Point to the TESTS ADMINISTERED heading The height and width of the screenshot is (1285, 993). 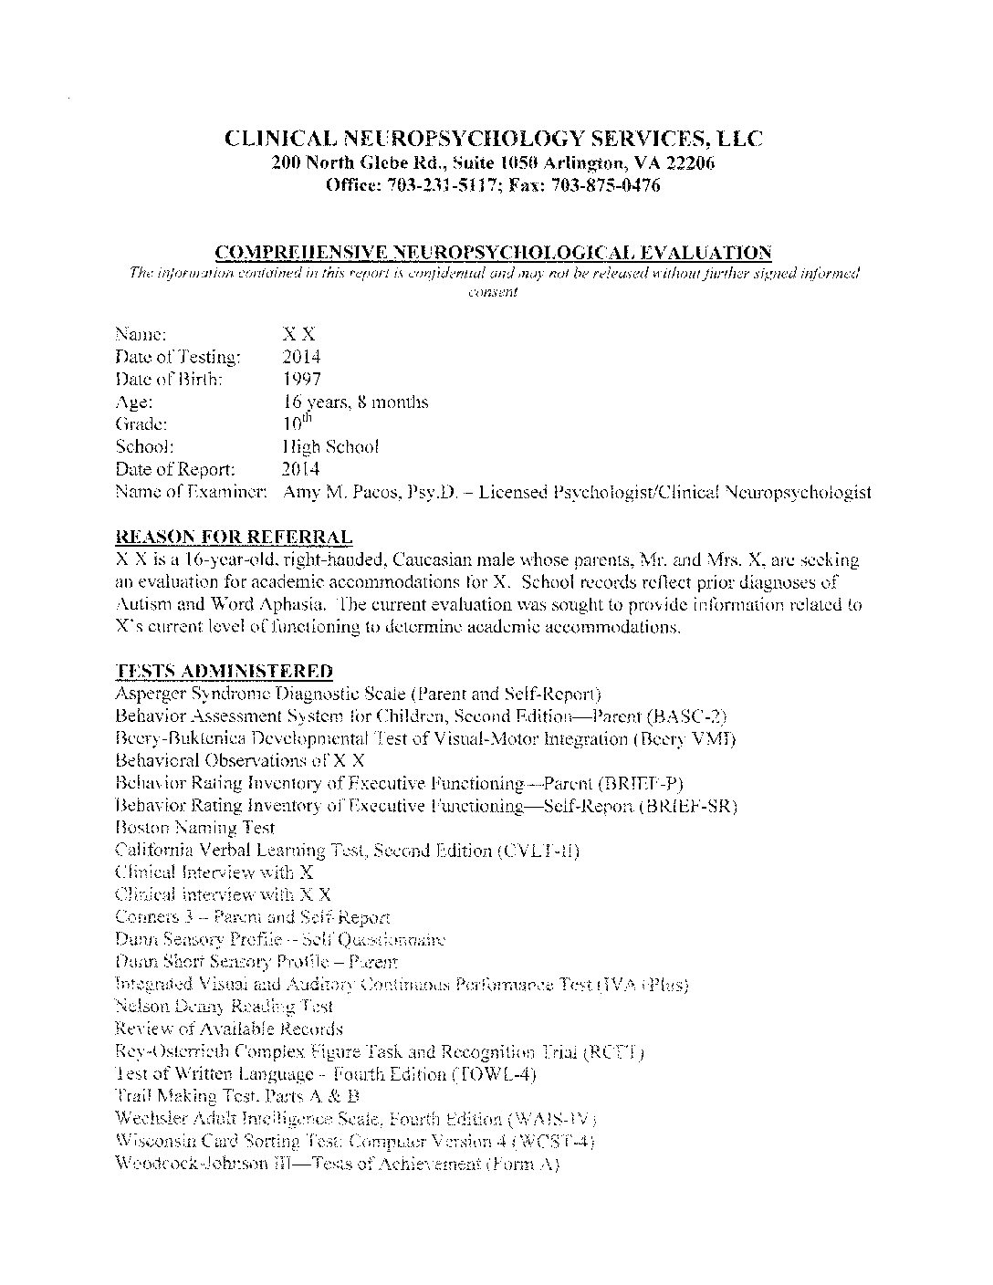point(224,672)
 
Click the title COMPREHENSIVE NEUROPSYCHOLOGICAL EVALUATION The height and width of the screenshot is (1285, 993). point(493,252)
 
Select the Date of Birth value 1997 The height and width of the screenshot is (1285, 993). point(302,379)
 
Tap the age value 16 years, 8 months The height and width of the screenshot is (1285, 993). point(355,402)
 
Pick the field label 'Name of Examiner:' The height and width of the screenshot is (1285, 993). point(191,493)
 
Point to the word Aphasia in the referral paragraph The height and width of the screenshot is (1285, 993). point(294,604)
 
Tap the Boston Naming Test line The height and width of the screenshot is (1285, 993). point(195,828)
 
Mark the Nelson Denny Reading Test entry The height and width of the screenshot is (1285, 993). point(225,1007)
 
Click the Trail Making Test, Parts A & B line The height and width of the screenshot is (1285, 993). point(237,1096)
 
